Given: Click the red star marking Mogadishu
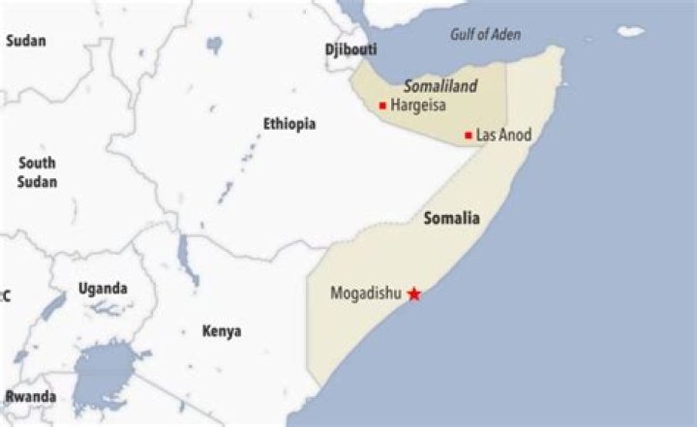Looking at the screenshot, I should pos(414,293).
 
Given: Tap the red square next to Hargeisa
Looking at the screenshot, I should pos(383,105).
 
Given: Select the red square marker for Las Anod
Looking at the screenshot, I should pos(469,135).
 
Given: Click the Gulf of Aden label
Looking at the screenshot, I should pos(485,35).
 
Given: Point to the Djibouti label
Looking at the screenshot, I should pos(351,49).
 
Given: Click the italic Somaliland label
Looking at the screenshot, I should pos(440,86).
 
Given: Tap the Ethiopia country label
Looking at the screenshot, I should pos(289,124).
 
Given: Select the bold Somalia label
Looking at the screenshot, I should pos(451,219).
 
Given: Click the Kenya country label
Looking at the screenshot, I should pos(222,331).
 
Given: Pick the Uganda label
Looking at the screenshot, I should pos(103,289).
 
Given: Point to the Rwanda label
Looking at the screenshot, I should pos(30,397).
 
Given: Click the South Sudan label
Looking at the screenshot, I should pos(37,172).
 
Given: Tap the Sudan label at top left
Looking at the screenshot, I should pos(26,41).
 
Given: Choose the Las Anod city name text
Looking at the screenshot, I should pos(504,135).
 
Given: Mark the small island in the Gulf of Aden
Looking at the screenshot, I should pos(631,31).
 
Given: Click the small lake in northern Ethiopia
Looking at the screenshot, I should pos(214,45).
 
